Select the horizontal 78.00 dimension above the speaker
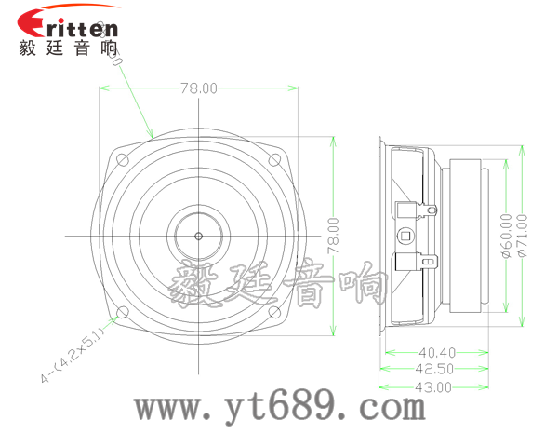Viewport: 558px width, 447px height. [198, 88]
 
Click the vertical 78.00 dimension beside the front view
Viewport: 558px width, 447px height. [332, 237]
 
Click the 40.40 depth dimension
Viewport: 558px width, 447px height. [436, 353]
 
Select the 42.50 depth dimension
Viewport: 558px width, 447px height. [436, 369]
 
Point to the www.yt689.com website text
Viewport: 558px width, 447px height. [279, 407]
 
